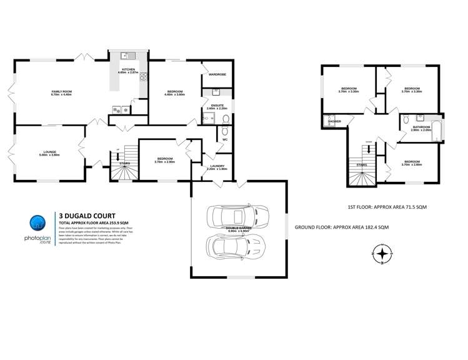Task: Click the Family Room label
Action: tap(61, 93)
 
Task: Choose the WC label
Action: tap(224, 139)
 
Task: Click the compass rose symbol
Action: tap(382, 254)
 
